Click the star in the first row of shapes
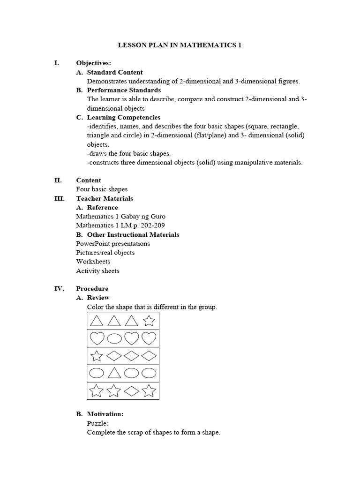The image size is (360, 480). tap(149, 321)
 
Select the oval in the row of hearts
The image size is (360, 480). tap(114, 338)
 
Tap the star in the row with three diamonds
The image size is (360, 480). tap(97, 356)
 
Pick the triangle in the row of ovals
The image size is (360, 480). tap(114, 374)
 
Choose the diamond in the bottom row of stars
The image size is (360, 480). tap(132, 390)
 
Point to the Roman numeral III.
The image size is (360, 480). tap(60, 198)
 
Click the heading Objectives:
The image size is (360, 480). tap(93, 63)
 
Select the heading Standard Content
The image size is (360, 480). tap(115, 72)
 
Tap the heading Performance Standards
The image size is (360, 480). tap(124, 90)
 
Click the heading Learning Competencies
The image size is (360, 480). tap(123, 117)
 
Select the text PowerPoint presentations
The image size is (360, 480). tap(113, 244)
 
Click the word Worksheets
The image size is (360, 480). tap(93, 262)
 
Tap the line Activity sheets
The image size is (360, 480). tap(97, 270)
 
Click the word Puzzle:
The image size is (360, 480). tap(97, 423)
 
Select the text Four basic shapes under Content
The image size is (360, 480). tap(102, 189)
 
